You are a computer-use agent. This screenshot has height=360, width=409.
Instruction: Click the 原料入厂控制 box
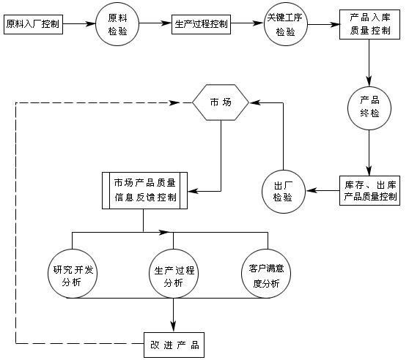[34, 24]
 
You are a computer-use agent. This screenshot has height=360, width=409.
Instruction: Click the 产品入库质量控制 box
[369, 24]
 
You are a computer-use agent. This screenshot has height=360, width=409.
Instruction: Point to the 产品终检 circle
[369, 108]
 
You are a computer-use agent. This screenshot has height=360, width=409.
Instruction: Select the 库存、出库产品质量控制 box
[369, 191]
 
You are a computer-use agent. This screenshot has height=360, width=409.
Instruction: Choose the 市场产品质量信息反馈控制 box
[144, 190]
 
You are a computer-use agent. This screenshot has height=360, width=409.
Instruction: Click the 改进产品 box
[173, 342]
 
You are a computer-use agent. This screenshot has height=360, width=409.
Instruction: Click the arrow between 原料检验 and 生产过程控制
[155, 24]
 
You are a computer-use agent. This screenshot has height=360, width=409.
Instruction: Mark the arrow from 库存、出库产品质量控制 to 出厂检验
[323, 191]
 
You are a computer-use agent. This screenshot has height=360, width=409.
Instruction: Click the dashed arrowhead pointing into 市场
[174, 102]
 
